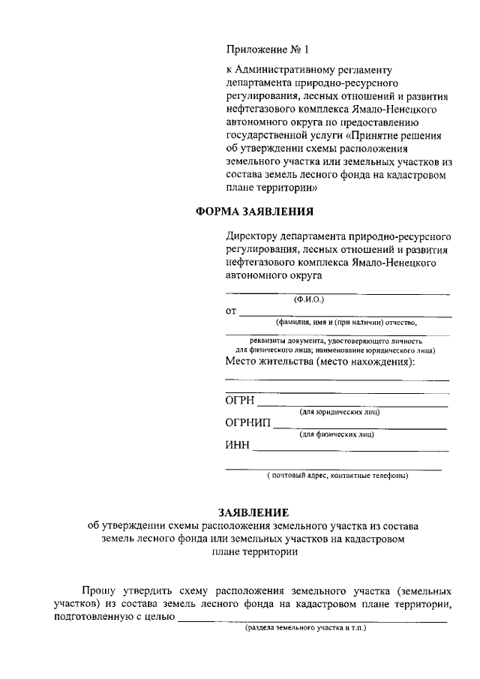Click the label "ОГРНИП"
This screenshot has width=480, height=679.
pyautogui.click(x=248, y=423)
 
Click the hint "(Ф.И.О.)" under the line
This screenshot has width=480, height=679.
pyautogui.click(x=308, y=299)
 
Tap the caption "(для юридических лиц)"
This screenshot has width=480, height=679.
pyautogui.click(x=340, y=412)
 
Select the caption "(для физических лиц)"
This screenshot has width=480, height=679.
pyautogui.click(x=337, y=435)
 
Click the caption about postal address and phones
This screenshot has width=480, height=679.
pyautogui.click(x=337, y=476)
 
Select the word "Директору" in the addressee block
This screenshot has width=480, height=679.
pyautogui.click(x=254, y=236)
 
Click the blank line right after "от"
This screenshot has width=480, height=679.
pyautogui.click(x=345, y=316)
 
